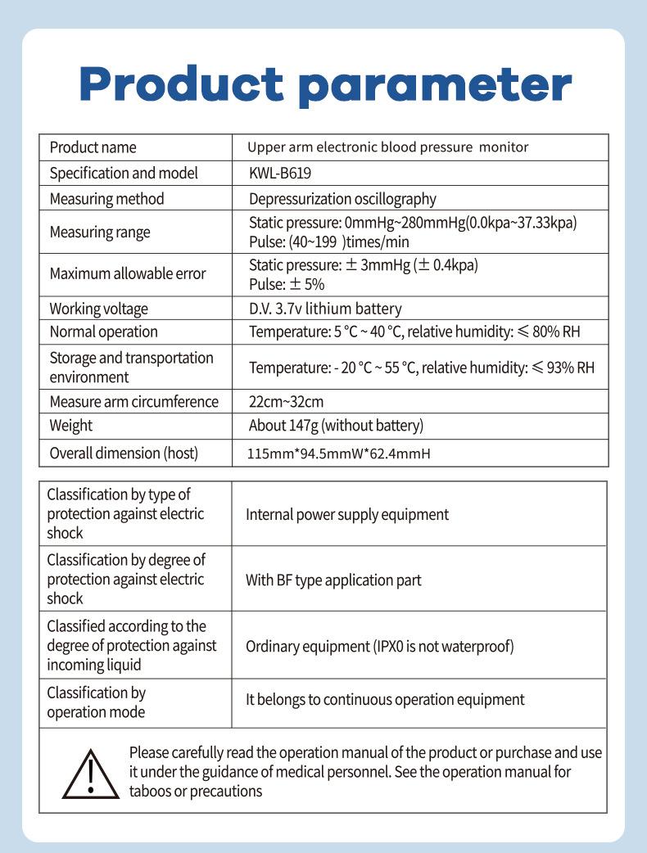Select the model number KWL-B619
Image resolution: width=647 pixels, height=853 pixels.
(280, 173)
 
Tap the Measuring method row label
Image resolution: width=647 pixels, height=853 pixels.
(106, 199)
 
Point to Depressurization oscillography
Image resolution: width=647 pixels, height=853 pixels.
(342, 199)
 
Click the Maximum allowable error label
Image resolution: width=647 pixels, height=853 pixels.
(128, 273)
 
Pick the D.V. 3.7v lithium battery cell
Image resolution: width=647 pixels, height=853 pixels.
(325, 309)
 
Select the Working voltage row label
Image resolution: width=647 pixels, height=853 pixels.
(99, 309)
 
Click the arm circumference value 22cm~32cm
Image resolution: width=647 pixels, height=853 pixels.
(286, 401)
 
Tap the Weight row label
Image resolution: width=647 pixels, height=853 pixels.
(71, 426)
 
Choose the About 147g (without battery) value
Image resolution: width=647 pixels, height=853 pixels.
(336, 426)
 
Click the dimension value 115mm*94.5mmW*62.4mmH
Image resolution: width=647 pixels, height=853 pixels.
(338, 454)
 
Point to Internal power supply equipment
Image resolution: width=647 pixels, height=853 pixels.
(347, 514)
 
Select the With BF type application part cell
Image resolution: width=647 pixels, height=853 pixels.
(333, 580)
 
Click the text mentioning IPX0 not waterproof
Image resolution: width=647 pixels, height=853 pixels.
(380, 646)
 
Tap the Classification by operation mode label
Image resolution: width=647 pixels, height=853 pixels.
(96, 702)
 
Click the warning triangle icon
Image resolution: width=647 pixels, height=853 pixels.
(91, 773)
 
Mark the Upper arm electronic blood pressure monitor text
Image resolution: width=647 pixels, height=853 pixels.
(388, 147)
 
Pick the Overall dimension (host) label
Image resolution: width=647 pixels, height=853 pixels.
(124, 454)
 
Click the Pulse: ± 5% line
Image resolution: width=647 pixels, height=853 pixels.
(287, 284)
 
